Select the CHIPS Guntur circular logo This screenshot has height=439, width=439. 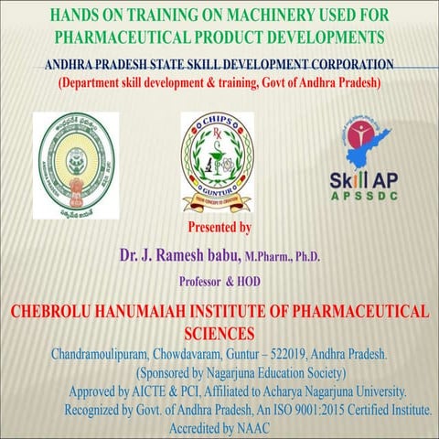[x=217, y=160]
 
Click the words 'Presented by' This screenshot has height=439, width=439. [x=219, y=227]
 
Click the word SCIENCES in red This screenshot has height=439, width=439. [x=219, y=332]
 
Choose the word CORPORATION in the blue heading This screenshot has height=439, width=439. [x=344, y=65]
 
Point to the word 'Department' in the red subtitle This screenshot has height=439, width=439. [x=96, y=83]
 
